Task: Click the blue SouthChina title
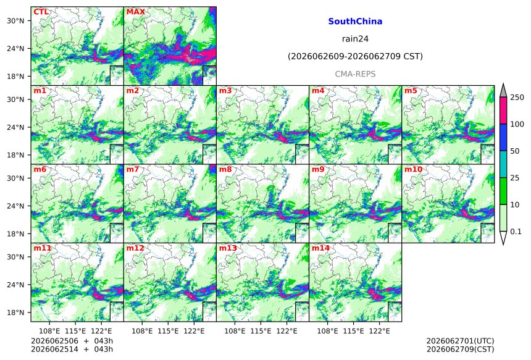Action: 355,22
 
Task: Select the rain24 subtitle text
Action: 355,39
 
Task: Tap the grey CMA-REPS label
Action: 355,74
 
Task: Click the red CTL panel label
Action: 41,12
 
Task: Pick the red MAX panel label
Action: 135,12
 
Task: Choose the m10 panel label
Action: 413,169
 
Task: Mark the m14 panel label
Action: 320,248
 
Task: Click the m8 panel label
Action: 225,169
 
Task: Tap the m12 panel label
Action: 135,248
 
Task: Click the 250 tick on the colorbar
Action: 517,98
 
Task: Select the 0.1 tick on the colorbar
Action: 516,232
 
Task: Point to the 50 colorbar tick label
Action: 515,151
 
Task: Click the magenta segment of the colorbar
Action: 503,111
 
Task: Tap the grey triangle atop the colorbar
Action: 503,91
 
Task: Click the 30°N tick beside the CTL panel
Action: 15,20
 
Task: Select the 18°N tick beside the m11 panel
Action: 15,312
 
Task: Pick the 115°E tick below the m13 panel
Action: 261,331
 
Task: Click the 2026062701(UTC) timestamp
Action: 460,341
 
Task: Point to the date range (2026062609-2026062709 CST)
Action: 355,56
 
